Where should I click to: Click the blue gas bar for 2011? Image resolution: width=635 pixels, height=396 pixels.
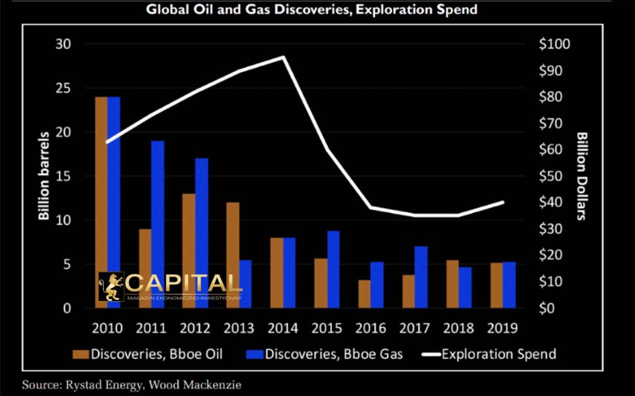coord(158,224)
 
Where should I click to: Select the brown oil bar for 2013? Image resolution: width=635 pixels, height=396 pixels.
coord(233,255)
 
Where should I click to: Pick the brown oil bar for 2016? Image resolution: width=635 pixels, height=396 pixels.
coord(365,294)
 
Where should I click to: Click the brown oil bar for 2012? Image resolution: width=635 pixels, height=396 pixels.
coord(189,251)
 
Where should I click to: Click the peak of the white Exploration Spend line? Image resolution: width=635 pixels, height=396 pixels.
coord(283,57)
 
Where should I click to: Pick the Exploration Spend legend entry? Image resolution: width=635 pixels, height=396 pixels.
coord(490,354)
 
